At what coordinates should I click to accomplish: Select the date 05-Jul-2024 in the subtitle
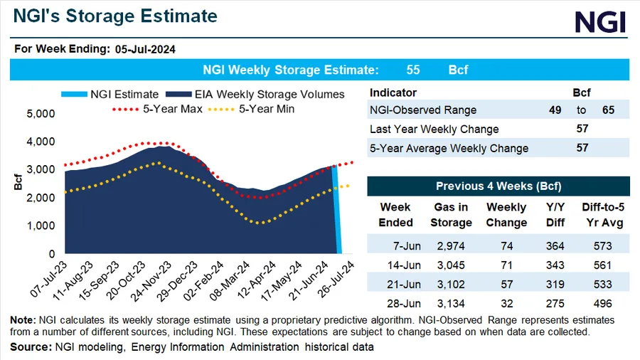(x=146, y=49)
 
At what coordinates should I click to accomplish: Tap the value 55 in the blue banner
(x=414, y=70)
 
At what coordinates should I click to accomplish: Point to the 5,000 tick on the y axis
(x=41, y=114)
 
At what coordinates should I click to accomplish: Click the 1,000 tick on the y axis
(x=41, y=226)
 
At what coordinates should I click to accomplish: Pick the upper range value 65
(x=607, y=110)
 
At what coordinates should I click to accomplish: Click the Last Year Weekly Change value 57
(x=582, y=129)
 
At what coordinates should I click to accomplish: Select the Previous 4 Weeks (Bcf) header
(x=498, y=186)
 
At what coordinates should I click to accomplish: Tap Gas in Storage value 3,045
(x=451, y=265)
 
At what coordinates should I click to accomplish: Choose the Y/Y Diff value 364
(x=553, y=246)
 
